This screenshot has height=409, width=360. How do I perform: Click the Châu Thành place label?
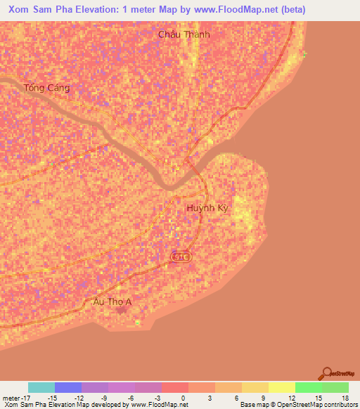pyautogui.click(x=184, y=34)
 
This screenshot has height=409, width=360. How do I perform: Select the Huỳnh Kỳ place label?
pyautogui.click(x=208, y=209)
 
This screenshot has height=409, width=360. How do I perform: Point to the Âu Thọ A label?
pyautogui.click(x=112, y=301)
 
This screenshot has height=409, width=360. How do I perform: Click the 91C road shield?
pyautogui.click(x=181, y=258)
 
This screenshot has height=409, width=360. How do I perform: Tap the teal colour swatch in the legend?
pyautogui.click(x=41, y=387)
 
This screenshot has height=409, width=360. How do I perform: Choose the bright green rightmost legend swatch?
pyautogui.click(x=335, y=387)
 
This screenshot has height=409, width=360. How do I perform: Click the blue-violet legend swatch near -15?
pyautogui.click(x=68, y=387)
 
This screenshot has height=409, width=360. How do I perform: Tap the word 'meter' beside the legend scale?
pyautogui.click(x=12, y=397)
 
